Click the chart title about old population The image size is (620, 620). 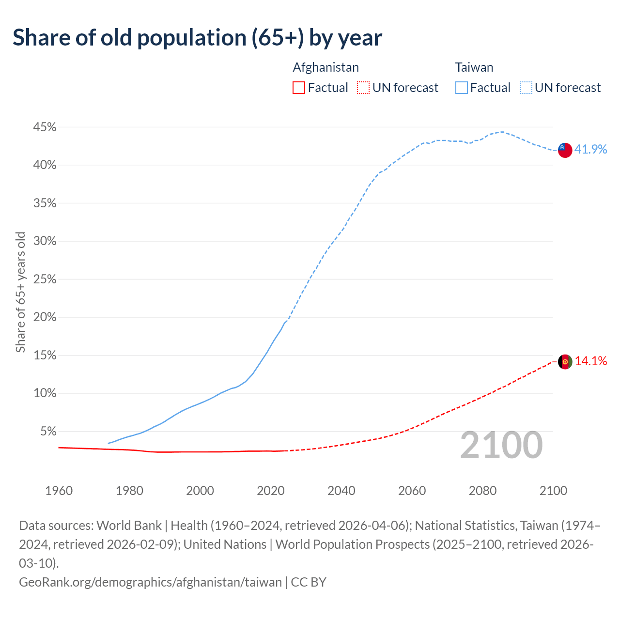click(197, 38)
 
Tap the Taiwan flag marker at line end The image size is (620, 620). click(565, 150)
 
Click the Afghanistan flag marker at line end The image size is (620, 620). click(565, 361)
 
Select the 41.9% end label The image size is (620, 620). click(590, 149)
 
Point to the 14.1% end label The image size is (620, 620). click(590, 361)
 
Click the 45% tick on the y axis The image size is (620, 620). click(45, 127)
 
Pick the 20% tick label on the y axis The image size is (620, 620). click(45, 317)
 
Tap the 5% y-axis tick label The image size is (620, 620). click(47, 431)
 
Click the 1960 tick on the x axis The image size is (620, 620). click(59, 491)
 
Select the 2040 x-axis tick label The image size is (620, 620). click(341, 491)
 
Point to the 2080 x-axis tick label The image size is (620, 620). click(482, 491)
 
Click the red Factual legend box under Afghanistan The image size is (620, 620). click(299, 88)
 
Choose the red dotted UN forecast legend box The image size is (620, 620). click(363, 88)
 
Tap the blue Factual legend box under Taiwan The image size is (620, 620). click(462, 88)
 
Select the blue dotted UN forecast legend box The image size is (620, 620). click(526, 88)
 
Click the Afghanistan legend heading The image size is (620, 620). click(325, 67)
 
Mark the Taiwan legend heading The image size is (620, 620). click(474, 67)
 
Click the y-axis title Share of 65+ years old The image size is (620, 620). click(20, 292)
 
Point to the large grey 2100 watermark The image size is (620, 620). click(501, 445)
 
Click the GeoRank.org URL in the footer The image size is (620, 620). click(150, 582)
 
